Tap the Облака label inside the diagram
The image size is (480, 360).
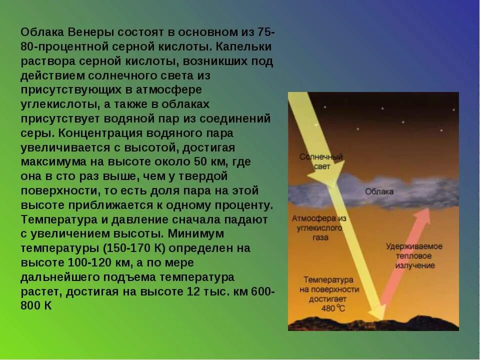click(379, 191)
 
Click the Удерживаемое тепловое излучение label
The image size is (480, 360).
click(414, 256)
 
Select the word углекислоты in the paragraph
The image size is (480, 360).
click(55, 105)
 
